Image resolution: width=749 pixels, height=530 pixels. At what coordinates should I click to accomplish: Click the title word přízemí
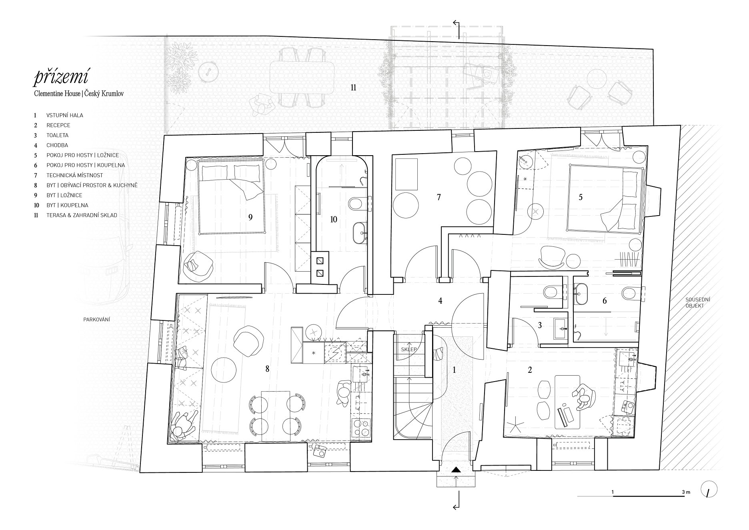click(x=62, y=77)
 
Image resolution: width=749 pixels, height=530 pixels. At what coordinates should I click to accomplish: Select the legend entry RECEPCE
click(x=58, y=125)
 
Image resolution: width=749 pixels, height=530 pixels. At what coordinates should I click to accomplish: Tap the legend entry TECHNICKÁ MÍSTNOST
click(x=75, y=175)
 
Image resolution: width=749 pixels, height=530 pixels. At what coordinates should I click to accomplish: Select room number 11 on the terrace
click(x=353, y=87)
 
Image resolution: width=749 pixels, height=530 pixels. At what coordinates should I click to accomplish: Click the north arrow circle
click(x=709, y=489)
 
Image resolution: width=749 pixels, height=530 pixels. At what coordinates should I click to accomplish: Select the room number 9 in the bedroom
click(x=250, y=217)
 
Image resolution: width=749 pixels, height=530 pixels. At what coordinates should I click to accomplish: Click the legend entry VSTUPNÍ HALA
click(x=65, y=115)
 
